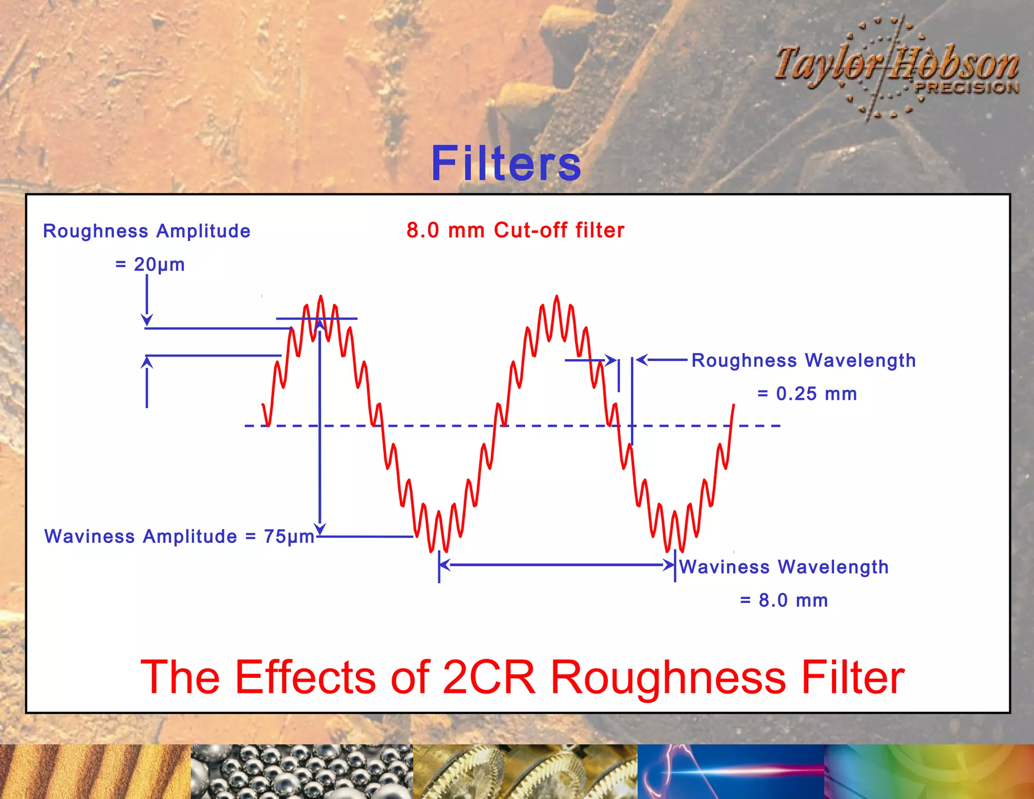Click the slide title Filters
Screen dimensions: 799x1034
(506, 163)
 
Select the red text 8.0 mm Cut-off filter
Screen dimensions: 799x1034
(515, 230)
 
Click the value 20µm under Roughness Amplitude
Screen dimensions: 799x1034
(159, 265)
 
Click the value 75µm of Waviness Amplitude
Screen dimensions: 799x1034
(289, 536)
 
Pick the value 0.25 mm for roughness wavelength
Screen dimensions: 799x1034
(816, 394)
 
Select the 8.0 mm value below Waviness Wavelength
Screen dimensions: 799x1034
(793, 601)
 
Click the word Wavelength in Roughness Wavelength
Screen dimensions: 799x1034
(860, 361)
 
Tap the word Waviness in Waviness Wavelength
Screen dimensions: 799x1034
(724, 567)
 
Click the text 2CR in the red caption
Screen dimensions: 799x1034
(488, 677)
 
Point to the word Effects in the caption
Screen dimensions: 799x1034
(306, 677)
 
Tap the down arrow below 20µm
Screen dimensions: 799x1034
(147, 301)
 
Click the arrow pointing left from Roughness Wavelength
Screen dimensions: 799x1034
(661, 360)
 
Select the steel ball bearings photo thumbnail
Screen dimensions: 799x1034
(301, 771)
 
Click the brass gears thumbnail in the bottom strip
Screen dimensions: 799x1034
(525, 771)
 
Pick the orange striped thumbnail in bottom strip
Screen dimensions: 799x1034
(95, 771)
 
